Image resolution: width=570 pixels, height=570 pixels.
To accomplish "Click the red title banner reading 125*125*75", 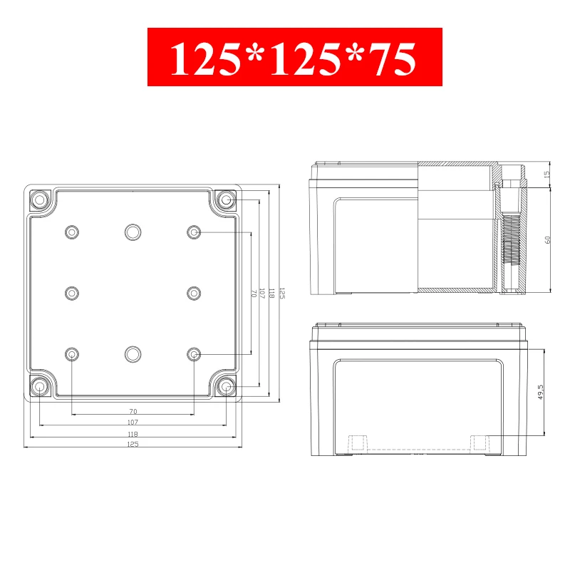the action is tap(295, 57).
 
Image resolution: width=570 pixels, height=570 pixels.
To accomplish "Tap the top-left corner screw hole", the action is tap(39, 199).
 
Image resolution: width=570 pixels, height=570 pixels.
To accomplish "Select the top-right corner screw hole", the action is tap(226, 199).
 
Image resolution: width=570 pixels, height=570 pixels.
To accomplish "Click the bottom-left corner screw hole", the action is tap(39, 386).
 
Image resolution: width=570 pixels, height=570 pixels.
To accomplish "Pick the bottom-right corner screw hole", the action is tap(226, 386).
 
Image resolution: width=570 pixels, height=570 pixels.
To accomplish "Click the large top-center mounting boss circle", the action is tap(133, 232).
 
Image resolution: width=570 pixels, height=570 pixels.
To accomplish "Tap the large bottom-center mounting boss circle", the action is tap(133, 354).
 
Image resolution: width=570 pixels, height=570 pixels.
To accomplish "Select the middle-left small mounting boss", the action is tap(72, 294).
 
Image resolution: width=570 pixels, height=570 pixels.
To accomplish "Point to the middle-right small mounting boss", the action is tap(194, 294).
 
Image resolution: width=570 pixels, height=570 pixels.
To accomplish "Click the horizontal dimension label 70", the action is tap(133, 411).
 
